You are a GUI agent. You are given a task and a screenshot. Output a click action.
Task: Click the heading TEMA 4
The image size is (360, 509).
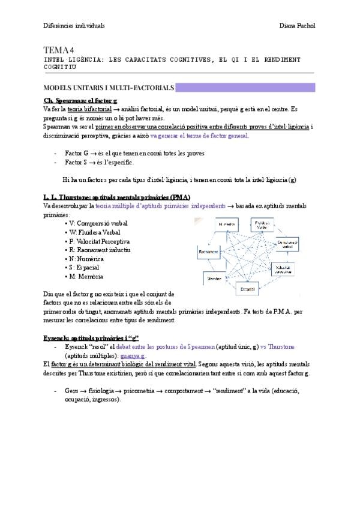(58, 50)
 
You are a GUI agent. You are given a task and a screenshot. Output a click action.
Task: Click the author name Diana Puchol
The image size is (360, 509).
(298, 26)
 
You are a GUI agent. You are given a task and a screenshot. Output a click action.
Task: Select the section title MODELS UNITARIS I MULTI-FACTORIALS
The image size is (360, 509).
(109, 88)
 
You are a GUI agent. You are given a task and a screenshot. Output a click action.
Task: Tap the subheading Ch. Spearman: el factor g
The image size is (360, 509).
(80, 100)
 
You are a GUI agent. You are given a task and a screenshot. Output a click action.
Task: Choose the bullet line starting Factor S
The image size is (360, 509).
(100, 162)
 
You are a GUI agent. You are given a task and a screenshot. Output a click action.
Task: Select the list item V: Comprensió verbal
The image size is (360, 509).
(99, 223)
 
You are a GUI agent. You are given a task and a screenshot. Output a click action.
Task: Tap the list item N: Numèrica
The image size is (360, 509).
(91, 259)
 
